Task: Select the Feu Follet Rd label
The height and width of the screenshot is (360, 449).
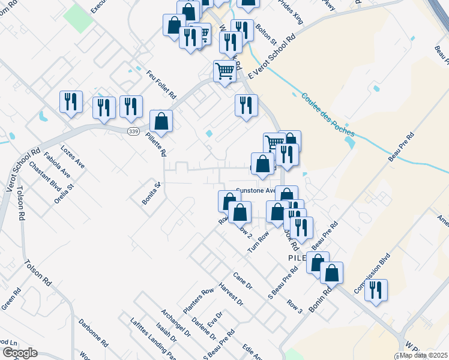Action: pos(161,84)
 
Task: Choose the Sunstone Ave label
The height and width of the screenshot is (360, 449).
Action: pos(255,190)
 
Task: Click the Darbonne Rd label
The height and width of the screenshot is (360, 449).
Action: pos(93,333)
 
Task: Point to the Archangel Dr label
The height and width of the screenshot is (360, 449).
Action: pos(175,324)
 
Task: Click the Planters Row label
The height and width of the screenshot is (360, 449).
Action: pos(199,300)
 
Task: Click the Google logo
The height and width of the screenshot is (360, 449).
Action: pos(20,353)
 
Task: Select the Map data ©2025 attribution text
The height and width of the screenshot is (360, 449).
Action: pos(423,355)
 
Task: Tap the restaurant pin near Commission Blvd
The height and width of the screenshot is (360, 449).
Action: pos(376,290)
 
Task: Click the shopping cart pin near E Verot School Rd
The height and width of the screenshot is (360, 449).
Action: pos(225,71)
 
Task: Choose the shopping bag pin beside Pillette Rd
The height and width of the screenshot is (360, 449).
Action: pos(161,121)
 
